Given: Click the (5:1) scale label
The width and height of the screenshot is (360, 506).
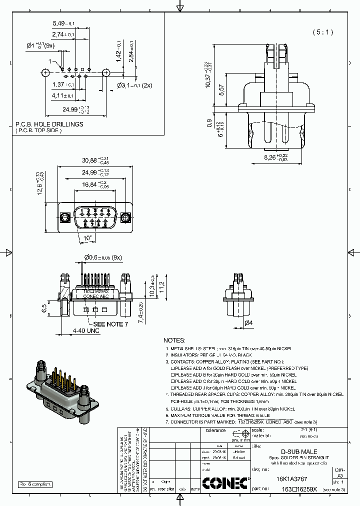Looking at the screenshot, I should coord(322,32).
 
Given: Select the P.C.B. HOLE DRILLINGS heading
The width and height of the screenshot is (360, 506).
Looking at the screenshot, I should coord(49,124).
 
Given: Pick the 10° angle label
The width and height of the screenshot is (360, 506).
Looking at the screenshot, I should coord(88,237).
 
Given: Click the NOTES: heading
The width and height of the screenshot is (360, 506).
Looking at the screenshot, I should coord(174,339).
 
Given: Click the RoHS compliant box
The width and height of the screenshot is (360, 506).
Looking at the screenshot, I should coord(35,484).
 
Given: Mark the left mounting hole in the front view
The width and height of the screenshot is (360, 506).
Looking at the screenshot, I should coord(64,217).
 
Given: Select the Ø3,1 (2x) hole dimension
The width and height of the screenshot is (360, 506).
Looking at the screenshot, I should coord(135,85).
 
